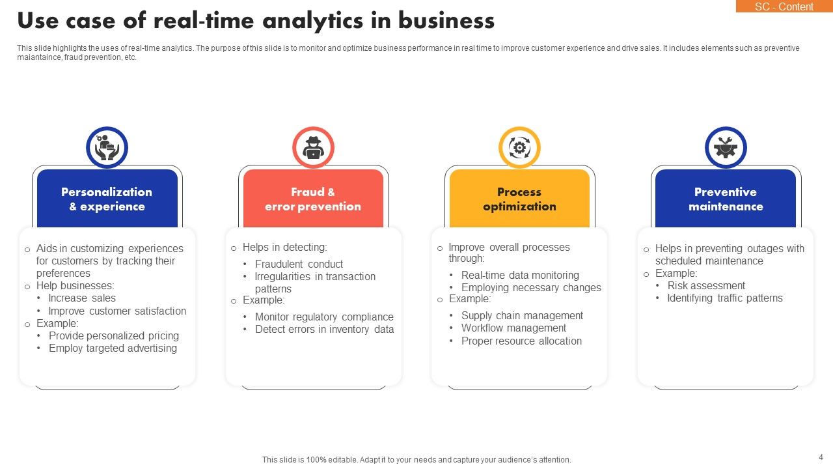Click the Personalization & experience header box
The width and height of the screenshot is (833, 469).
[107, 199]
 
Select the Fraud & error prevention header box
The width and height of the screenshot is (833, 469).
[313, 199]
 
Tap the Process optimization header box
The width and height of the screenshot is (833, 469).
[519, 199]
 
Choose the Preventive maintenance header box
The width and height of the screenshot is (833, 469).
[726, 199]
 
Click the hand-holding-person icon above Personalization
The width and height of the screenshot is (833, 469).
[107, 147]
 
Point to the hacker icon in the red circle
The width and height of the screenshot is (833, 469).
[313, 147]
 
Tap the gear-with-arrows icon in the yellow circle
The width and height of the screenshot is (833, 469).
[519, 147]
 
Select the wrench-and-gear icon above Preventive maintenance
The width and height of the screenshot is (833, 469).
[726, 147]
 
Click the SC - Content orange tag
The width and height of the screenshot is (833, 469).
[784, 7]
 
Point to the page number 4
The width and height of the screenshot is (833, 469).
[821, 457]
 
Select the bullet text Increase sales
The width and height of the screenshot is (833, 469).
[82, 298]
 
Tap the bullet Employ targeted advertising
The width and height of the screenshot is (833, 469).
[113, 348]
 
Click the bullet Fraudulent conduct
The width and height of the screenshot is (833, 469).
[299, 264]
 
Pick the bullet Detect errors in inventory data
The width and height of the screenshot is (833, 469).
[324, 330]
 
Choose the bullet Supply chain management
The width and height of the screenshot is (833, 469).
[522, 316]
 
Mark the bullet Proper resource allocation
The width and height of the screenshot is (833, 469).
[521, 341]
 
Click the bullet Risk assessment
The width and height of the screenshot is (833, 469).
[706, 286]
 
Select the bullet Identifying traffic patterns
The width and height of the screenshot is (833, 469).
[725, 298]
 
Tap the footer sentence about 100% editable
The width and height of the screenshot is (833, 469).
[416, 460]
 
